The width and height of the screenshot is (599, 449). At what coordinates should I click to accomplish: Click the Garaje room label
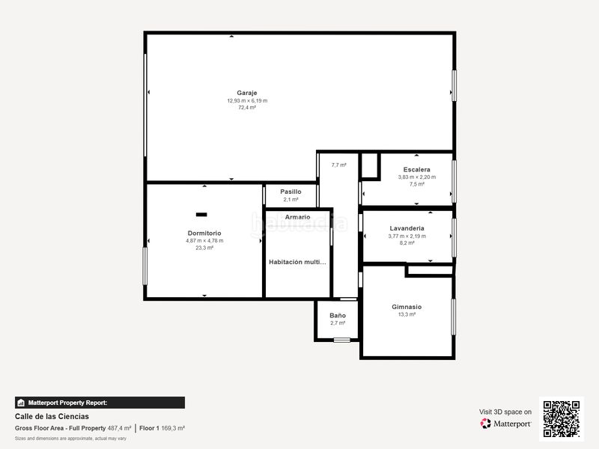click(247, 93)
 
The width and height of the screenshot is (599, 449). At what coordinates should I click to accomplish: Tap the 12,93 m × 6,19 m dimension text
click(247, 100)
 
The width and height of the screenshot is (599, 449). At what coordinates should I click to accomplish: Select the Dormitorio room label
click(204, 233)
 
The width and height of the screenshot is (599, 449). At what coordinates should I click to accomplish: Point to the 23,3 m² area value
click(204, 248)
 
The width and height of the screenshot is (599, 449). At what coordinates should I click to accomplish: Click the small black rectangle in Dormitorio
click(201, 215)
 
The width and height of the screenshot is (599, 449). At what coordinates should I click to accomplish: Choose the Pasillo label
click(291, 192)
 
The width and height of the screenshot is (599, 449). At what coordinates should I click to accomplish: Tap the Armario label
click(297, 217)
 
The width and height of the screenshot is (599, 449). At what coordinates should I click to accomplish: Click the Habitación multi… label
click(298, 262)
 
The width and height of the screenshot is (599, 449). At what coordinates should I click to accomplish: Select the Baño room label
click(338, 315)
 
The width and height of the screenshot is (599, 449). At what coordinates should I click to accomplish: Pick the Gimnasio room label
click(407, 307)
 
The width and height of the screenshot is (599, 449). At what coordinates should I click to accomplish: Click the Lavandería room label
click(407, 228)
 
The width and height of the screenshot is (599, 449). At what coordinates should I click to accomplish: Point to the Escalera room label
click(416, 170)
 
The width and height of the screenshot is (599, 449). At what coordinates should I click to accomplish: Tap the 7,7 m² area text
click(338, 165)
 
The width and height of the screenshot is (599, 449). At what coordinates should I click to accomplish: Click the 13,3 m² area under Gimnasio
click(407, 315)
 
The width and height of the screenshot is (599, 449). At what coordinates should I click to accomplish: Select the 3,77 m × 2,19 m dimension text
click(407, 236)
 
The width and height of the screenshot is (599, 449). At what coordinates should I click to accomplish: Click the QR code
click(561, 419)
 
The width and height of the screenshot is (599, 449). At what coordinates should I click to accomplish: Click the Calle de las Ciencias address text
click(52, 416)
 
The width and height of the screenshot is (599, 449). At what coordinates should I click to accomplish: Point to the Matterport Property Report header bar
click(100, 403)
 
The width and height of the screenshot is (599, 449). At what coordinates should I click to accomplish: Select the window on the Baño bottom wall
click(341, 340)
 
